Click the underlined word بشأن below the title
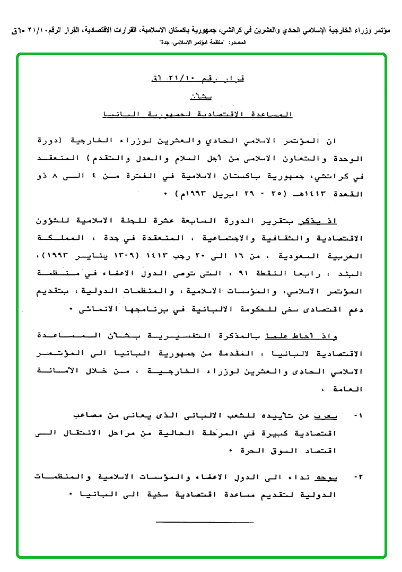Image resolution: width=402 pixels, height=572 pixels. tap(200, 97)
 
